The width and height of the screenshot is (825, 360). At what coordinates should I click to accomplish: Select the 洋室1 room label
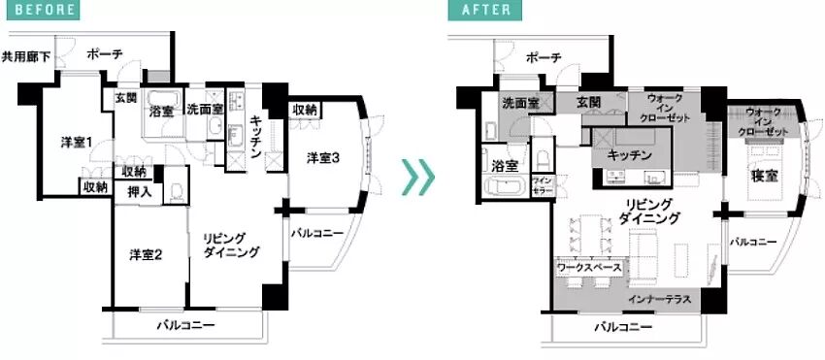76,144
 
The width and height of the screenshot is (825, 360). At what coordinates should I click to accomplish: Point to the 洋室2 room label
145,255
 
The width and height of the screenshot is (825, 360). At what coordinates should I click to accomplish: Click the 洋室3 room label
323,157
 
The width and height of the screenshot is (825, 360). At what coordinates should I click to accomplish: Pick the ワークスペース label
590,263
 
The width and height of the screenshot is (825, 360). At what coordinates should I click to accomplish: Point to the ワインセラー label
542,185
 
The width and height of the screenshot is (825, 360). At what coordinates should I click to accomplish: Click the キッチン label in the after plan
629,154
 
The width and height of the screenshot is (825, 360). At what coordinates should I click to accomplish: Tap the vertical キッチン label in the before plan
254,136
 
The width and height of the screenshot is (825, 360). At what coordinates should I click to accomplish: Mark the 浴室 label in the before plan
161,111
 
